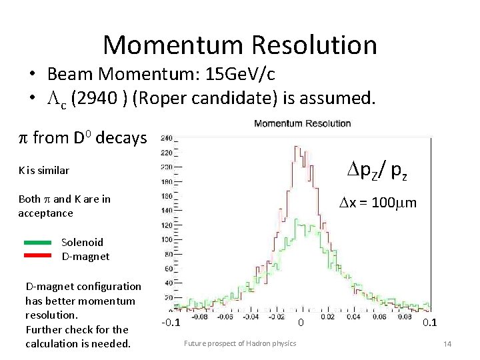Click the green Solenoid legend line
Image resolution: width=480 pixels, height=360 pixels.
[x=37, y=242]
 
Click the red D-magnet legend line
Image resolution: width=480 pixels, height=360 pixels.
[x=37, y=255]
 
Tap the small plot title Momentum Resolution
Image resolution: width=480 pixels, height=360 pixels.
[x=302, y=123]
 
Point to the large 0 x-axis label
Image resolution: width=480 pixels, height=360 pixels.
[x=301, y=323]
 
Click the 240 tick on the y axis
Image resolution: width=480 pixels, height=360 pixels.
[x=166, y=139]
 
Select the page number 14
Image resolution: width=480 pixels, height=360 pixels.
[x=447, y=343]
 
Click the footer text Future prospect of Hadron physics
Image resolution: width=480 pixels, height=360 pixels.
[x=240, y=343]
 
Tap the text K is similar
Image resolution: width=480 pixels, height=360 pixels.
[x=44, y=170]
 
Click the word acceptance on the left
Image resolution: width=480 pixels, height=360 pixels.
[x=46, y=213]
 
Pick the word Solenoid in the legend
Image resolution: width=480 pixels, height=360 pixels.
[x=83, y=242]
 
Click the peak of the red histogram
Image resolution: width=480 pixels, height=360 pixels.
[x=298, y=147]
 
